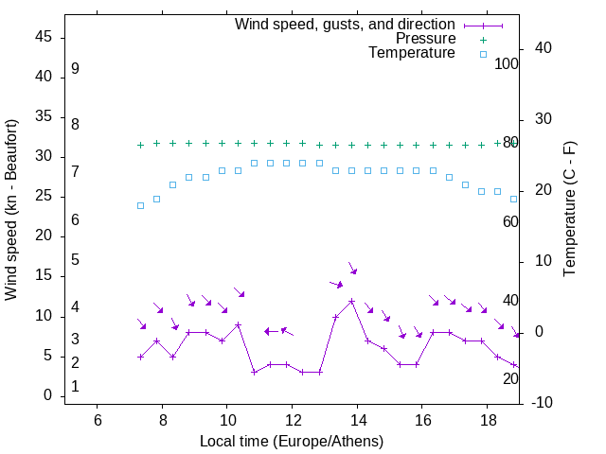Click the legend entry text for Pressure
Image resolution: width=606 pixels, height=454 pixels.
pos(425,39)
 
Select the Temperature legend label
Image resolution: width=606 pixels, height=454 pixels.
pos(412,53)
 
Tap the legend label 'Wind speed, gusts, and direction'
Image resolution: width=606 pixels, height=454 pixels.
pos(346,25)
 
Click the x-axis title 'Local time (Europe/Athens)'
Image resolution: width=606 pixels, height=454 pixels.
pos(292,441)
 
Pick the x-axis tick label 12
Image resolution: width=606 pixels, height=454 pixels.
pos(292,420)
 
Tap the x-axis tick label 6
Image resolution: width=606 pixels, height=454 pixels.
pos(97,420)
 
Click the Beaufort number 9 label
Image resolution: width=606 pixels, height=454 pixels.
pos(75,69)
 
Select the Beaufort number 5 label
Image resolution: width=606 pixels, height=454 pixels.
pos(75,259)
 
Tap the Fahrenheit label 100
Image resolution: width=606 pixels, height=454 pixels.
pos(507,64)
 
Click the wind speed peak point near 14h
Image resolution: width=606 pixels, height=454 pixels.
pos(351,302)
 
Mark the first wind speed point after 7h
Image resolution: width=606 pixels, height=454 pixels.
pos(140,357)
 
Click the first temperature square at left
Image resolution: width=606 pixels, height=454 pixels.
pos(140,205)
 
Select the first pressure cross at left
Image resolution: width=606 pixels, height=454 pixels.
pos(140,145)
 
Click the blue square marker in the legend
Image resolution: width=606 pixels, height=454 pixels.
pos(482,54)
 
